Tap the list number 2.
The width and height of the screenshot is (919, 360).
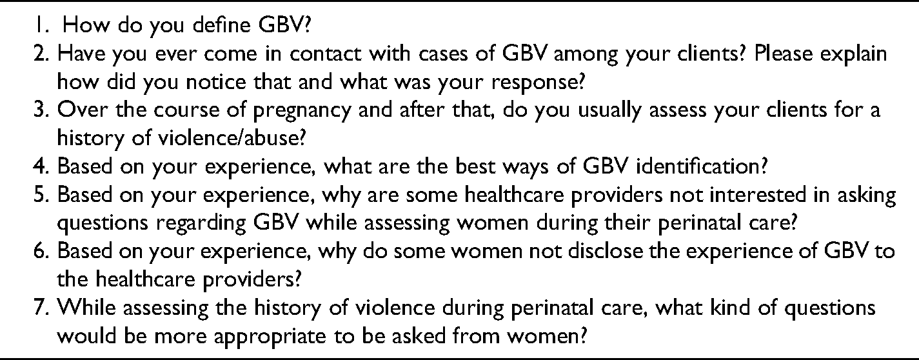(42, 54)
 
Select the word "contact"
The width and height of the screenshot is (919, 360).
(325, 54)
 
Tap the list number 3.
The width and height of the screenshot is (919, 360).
(42, 110)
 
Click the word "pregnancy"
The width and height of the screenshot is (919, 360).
(302, 112)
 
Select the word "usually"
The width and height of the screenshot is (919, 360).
(609, 112)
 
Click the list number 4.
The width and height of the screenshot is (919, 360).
(42, 166)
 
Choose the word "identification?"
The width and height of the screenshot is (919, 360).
(701, 166)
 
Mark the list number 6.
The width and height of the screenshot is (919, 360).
(42, 251)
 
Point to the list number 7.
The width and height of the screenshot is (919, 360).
(42, 308)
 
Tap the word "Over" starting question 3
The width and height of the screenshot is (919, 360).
(83, 110)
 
